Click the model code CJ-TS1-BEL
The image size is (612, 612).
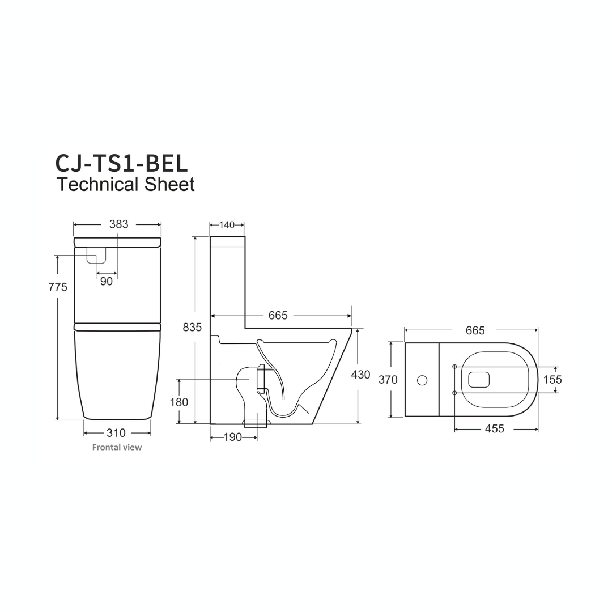click(x=121, y=163)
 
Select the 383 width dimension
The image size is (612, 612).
click(x=118, y=224)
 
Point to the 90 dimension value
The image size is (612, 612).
click(x=107, y=281)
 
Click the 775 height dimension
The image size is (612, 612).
click(x=58, y=287)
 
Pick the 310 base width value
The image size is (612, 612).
click(x=116, y=433)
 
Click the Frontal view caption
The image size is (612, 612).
click(x=117, y=447)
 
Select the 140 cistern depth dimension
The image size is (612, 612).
click(x=227, y=225)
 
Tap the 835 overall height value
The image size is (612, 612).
click(x=193, y=328)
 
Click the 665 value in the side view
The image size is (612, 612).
click(x=278, y=316)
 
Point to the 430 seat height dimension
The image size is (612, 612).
click(x=361, y=375)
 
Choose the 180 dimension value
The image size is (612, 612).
click(x=178, y=402)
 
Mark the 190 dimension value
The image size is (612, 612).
click(x=232, y=437)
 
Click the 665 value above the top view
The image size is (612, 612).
click(x=475, y=330)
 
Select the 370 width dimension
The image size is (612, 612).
click(x=388, y=380)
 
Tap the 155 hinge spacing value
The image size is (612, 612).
click(x=552, y=380)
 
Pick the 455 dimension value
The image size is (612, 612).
click(x=494, y=429)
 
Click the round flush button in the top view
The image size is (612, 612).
click(x=422, y=380)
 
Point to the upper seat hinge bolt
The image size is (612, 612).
click(x=455, y=367)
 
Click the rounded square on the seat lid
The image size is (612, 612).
click(x=479, y=380)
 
